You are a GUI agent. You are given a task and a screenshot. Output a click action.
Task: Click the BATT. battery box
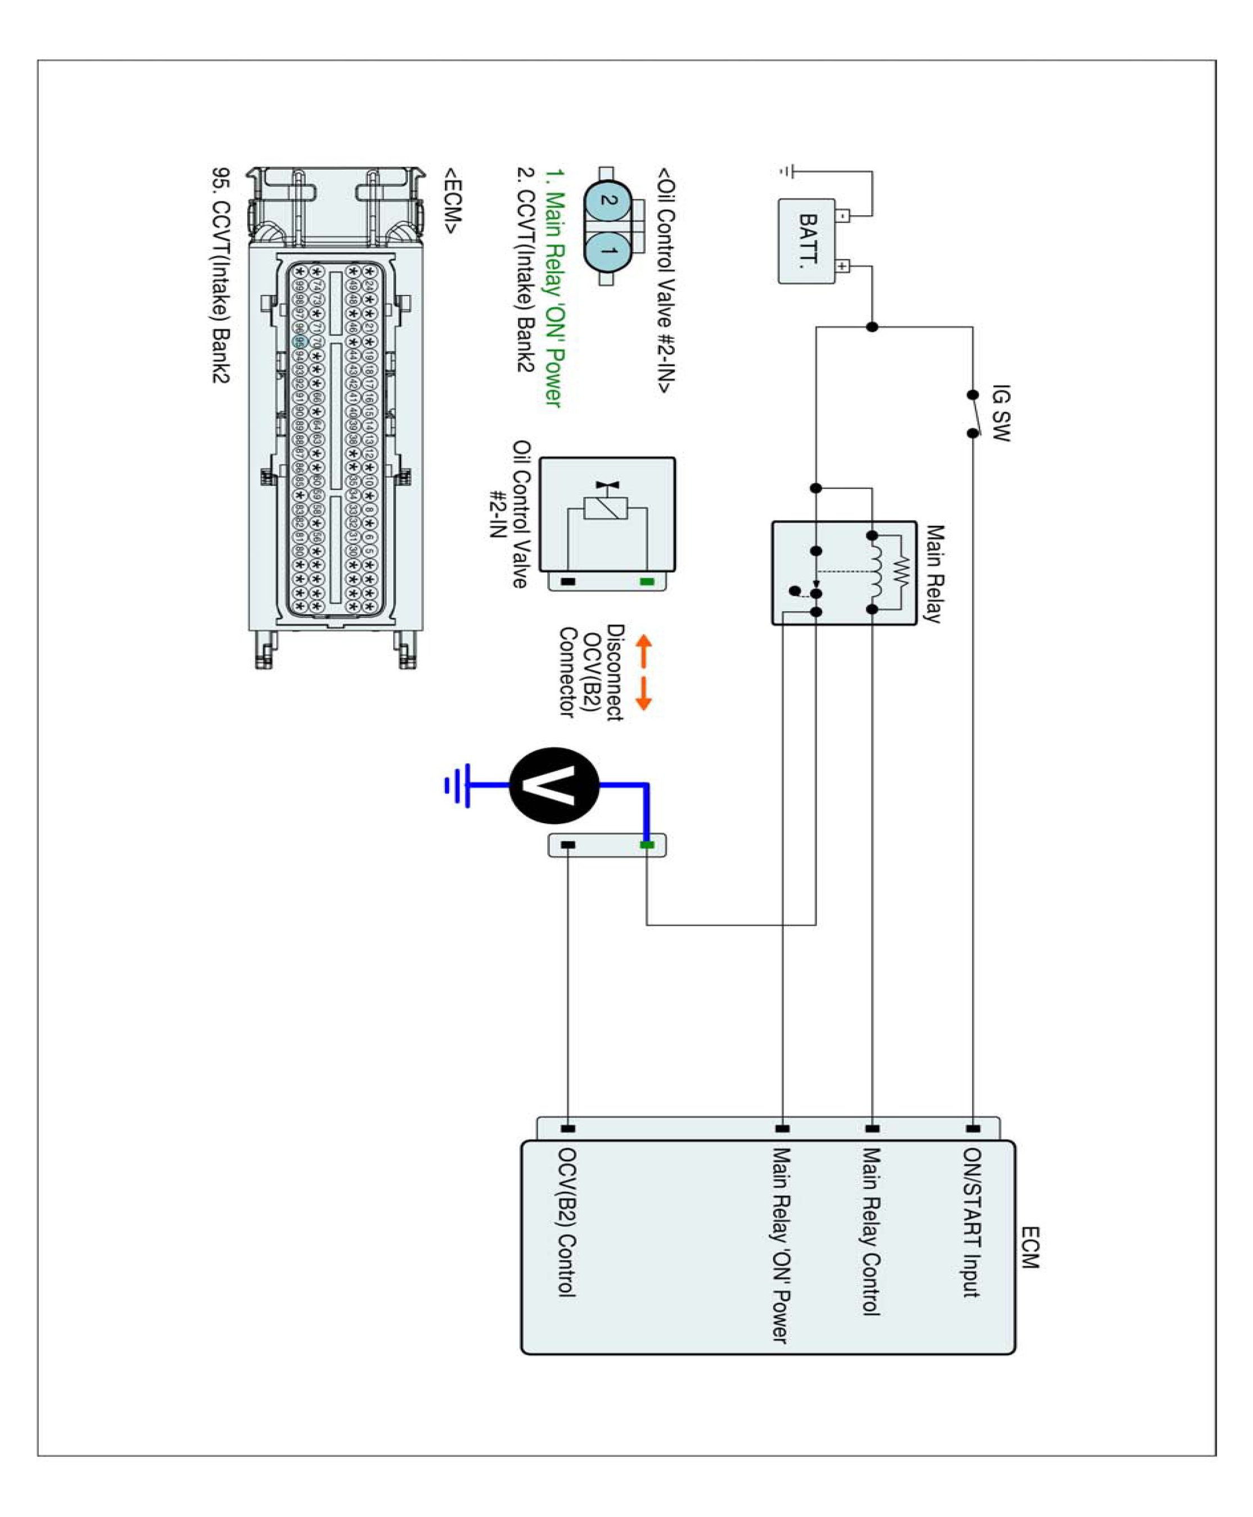806,241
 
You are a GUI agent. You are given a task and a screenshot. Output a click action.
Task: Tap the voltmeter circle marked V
553,785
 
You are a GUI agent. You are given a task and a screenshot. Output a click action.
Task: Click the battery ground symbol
787,172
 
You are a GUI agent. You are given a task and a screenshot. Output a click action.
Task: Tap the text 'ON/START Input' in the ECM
971,1223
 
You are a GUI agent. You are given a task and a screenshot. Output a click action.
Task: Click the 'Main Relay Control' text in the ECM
871,1231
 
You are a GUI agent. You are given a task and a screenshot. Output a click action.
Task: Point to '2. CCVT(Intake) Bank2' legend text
525,270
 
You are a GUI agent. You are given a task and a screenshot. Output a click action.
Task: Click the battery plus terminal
842,266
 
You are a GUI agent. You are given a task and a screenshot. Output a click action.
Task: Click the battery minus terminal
842,215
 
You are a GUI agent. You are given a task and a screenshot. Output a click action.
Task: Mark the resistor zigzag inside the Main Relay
901,573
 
